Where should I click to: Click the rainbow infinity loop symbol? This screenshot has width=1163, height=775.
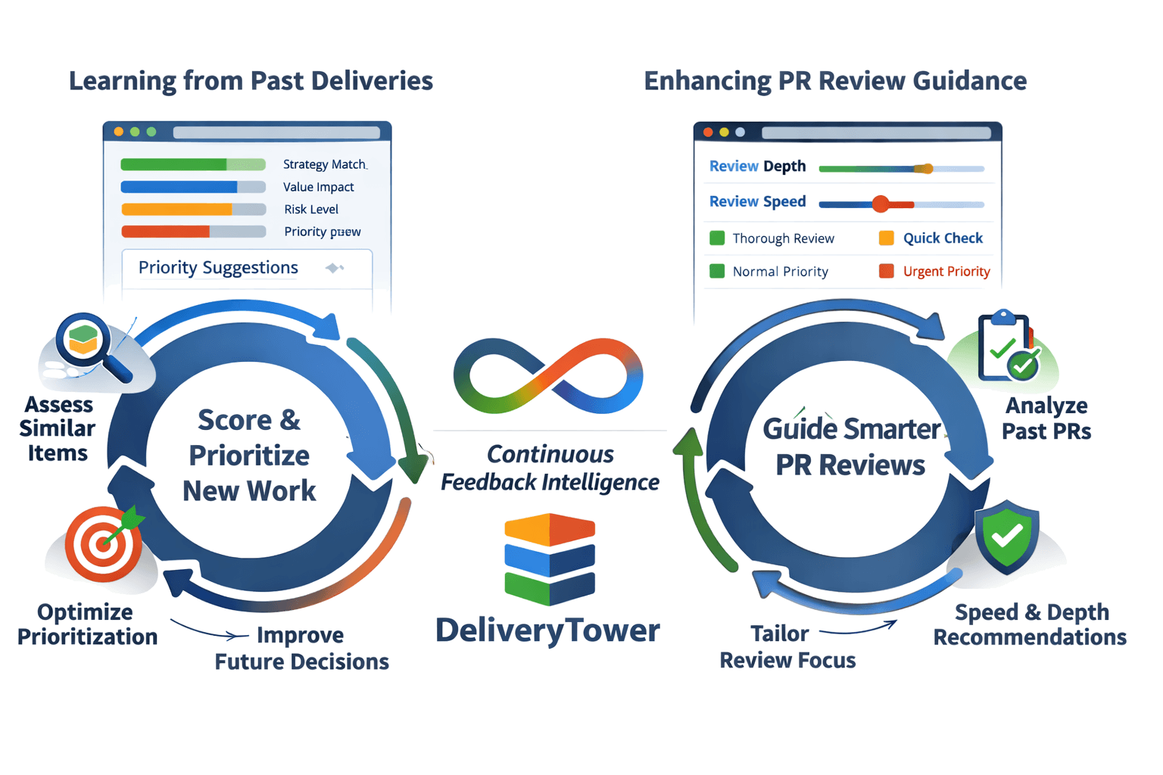[x=548, y=376]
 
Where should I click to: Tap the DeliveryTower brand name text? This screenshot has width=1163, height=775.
[x=547, y=630]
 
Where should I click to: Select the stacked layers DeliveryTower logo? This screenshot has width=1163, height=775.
[x=550, y=559]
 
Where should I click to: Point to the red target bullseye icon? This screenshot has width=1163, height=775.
[x=103, y=543]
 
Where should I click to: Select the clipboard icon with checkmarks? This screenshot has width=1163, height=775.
[x=1008, y=347]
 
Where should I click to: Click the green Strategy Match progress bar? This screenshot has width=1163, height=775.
[x=192, y=165]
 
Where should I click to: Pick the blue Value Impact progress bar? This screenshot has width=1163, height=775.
[x=192, y=187]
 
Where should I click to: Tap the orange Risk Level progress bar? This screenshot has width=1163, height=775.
[x=193, y=210]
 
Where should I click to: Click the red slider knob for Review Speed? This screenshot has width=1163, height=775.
[x=880, y=204]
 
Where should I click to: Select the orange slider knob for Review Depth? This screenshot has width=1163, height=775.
[x=924, y=169]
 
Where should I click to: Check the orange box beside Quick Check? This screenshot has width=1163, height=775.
[x=886, y=238]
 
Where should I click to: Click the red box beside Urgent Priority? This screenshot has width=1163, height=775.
[x=886, y=271]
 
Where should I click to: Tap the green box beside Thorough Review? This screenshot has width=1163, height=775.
[x=717, y=238]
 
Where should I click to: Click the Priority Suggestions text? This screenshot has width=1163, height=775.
[x=218, y=268]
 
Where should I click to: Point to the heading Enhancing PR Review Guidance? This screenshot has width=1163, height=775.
[x=835, y=81]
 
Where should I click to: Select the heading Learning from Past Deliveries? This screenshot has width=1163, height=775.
[x=251, y=81]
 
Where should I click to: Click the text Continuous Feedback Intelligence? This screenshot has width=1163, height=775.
[x=550, y=468]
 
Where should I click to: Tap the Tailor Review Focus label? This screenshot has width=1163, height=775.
[x=787, y=647]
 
